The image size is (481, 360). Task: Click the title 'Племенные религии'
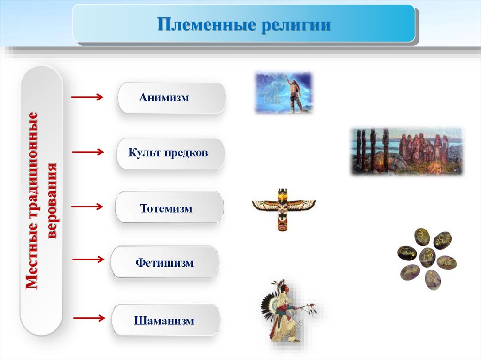click(244, 24)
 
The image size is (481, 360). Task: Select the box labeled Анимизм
click(172, 98)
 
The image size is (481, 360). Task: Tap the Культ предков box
click(171, 153)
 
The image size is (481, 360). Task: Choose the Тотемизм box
click(169, 207)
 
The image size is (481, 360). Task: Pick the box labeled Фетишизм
click(165, 262)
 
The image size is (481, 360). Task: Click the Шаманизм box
click(166, 320)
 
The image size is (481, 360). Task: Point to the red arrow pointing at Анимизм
click(87, 97)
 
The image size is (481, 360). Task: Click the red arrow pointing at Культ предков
click(88, 152)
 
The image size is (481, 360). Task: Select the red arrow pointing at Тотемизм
click(87, 207)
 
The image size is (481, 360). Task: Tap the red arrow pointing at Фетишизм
click(88, 260)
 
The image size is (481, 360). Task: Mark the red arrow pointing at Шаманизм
click(89, 318)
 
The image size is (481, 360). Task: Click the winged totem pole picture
click(284, 210)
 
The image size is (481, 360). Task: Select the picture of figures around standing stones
click(407, 152)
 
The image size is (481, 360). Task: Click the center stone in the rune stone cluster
click(427, 257)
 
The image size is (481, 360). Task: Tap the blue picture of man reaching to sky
click(284, 92)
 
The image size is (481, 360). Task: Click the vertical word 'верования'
click(52, 201)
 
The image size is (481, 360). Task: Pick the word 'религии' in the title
click(296, 24)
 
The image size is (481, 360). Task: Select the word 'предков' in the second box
click(186, 153)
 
